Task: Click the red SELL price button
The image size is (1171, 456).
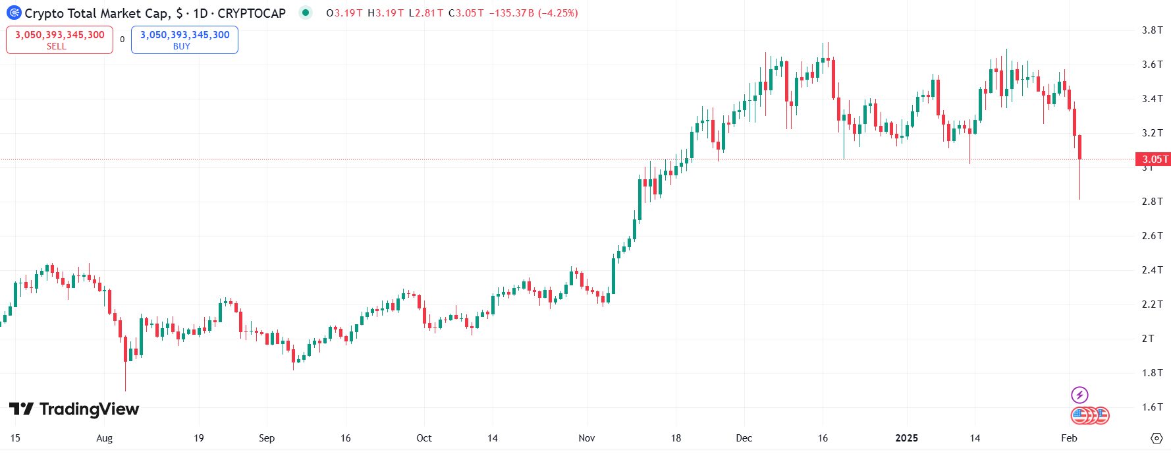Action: [x=59, y=40]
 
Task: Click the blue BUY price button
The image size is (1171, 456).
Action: [x=184, y=40]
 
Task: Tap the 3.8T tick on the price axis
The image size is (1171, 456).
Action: [x=1152, y=30]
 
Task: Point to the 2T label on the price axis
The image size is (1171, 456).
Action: [x=1148, y=339]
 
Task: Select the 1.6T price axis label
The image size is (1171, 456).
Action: [x=1152, y=407]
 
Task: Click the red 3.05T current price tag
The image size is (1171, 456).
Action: [x=1153, y=159]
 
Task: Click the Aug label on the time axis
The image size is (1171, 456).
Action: [x=104, y=438]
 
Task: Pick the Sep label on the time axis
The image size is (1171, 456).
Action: [x=267, y=438]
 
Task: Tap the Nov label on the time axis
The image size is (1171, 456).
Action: [x=586, y=438]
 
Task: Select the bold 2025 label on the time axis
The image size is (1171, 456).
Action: [x=906, y=438]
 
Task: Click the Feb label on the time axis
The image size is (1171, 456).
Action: [x=1069, y=438]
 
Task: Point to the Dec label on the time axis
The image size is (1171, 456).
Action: [x=744, y=438]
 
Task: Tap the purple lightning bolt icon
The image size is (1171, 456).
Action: [x=1079, y=395]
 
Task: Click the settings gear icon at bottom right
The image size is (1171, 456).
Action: [x=1157, y=438]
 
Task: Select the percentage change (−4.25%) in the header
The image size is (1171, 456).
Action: [x=558, y=13]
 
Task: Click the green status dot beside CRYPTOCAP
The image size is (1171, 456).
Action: [x=306, y=13]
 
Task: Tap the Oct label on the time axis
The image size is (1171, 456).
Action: [x=424, y=438]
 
